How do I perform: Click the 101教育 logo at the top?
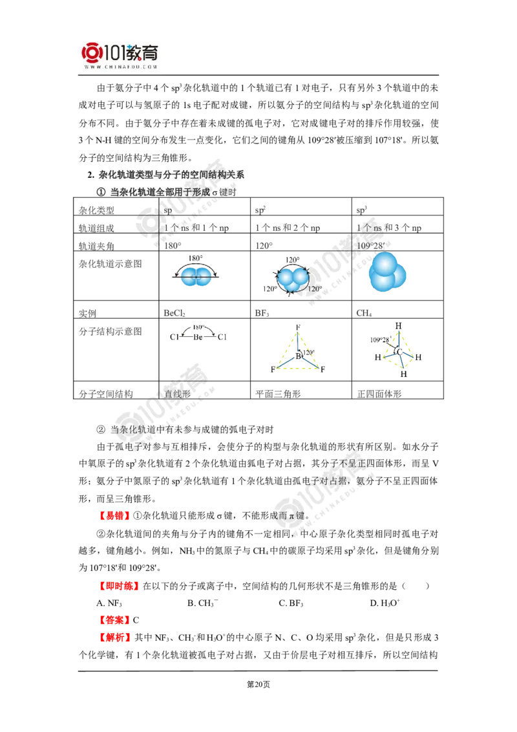point(120,55)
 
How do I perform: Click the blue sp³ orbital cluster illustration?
point(387,272)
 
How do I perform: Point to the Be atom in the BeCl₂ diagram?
point(198,337)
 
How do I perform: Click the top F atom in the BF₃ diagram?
point(298,327)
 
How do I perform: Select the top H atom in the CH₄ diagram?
point(398,326)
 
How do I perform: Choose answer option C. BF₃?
point(291,603)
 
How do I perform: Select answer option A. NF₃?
point(109,603)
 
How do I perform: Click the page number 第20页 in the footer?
point(258,684)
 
